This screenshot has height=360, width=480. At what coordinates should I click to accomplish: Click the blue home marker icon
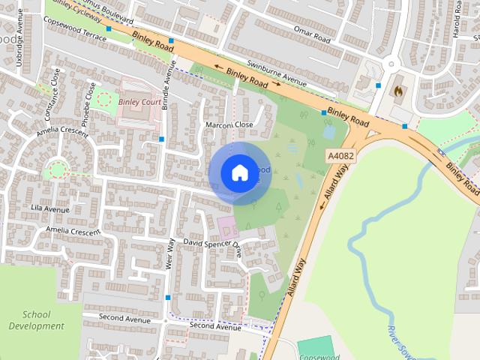[238, 173]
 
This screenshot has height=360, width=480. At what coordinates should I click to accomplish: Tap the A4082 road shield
[340, 156]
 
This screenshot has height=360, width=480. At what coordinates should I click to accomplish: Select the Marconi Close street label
[229, 125]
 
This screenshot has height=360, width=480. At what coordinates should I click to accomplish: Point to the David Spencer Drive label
[214, 244]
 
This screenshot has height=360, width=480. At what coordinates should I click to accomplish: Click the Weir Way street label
[171, 254]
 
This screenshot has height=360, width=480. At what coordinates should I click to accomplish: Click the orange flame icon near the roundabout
[397, 91]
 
